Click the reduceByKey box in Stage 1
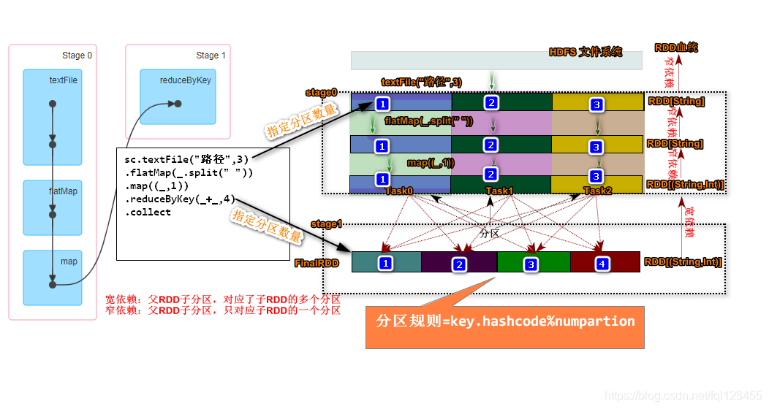pyautogui.click(x=178, y=97)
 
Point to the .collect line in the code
pyautogui.click(x=148, y=212)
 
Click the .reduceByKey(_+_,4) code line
pyautogui.click(x=180, y=199)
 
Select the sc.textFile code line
pyautogui.click(x=186, y=159)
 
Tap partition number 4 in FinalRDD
pyautogui.click(x=602, y=264)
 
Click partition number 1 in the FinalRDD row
pyautogui.click(x=386, y=262)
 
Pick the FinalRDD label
pyautogui.click(x=317, y=263)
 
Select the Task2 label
pyautogui.click(x=598, y=191)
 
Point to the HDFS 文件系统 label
pyautogui.click(x=586, y=52)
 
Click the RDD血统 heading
pyautogui.click(x=675, y=47)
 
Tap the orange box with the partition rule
pyautogui.click(x=505, y=322)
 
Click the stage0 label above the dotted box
pyautogui.click(x=321, y=93)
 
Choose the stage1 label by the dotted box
pyautogui.click(x=326, y=223)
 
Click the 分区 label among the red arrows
pyautogui.click(x=489, y=234)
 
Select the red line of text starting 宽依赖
pyautogui.click(x=223, y=299)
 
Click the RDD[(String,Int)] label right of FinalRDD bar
pyautogui.click(x=683, y=262)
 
